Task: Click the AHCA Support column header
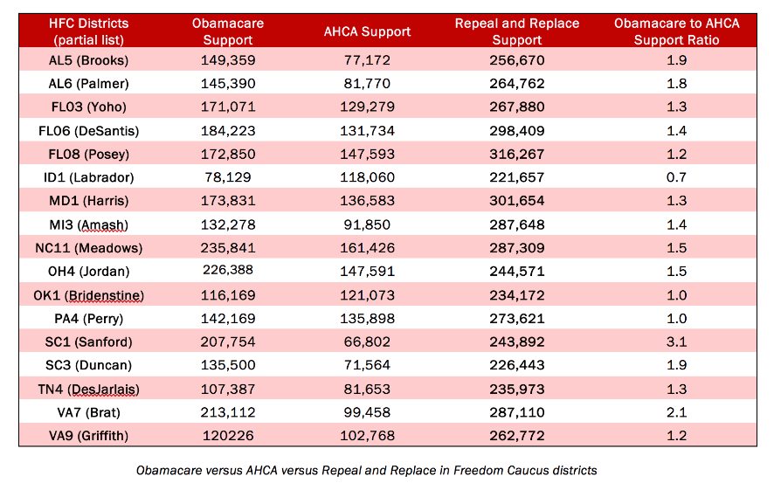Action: coord(367,31)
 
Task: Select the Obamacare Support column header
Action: coord(227,31)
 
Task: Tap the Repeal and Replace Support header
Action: coord(517,31)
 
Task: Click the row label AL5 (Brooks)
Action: coord(88,60)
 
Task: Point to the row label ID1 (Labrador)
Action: coord(89,177)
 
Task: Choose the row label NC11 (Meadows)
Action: coord(89,248)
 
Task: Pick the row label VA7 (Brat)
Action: coord(89,412)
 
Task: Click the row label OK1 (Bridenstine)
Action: coord(89,295)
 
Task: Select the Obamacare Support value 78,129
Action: coord(228,177)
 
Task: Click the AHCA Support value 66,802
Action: coord(367,342)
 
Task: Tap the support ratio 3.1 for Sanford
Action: coord(677,342)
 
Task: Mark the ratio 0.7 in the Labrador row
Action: coord(677,177)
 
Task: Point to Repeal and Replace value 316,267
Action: coord(517,154)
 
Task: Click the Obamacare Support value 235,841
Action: coord(228,248)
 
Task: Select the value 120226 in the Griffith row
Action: coord(228,436)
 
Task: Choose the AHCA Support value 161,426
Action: coord(367,248)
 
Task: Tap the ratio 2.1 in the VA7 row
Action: coord(677,412)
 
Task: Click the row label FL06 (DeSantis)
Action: coord(89,131)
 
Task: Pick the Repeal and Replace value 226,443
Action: coord(517,365)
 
